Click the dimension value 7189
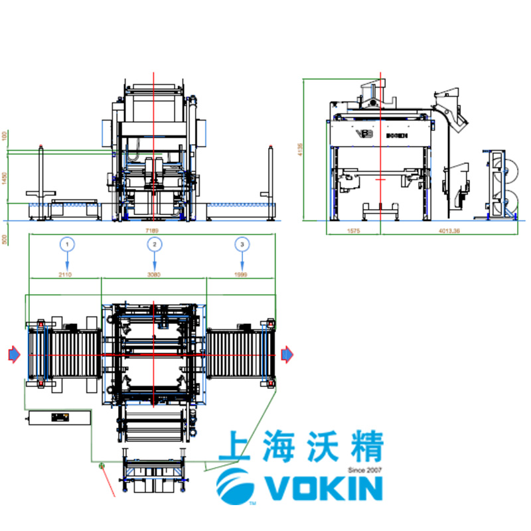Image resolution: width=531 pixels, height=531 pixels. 152,230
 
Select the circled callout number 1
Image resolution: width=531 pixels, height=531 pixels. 66,244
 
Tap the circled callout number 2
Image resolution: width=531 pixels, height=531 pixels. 154,244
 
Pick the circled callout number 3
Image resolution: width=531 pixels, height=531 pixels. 242,244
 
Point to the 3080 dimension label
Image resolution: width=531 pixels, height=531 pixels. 154,273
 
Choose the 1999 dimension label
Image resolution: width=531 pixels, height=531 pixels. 242,273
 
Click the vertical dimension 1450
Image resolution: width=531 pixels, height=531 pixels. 5,180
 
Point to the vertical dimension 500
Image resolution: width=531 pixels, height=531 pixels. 5,239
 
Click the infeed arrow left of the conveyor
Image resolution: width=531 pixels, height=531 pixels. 14,355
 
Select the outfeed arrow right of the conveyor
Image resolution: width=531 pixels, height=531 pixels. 287,355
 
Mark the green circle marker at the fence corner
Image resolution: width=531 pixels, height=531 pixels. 102,466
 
